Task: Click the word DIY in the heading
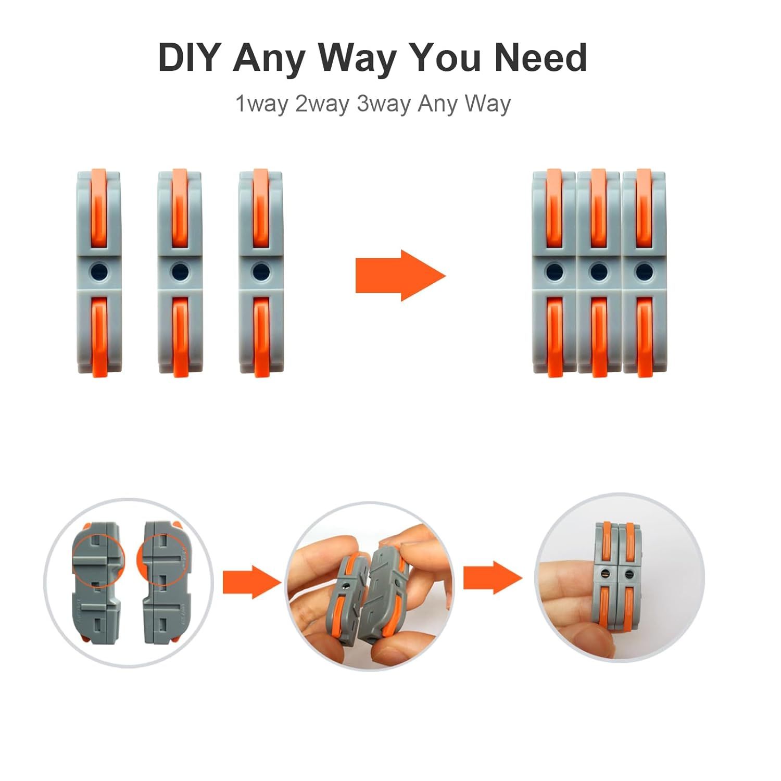(190, 57)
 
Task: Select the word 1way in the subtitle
(261, 104)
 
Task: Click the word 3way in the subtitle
(383, 104)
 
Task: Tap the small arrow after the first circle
(251, 582)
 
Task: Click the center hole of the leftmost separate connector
(98, 271)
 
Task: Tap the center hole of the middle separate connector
(180, 271)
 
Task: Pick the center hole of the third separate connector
(260, 271)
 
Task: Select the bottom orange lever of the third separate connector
(261, 336)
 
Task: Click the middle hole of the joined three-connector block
(599, 271)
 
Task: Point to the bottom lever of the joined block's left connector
(555, 336)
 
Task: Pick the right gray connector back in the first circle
(162, 583)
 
